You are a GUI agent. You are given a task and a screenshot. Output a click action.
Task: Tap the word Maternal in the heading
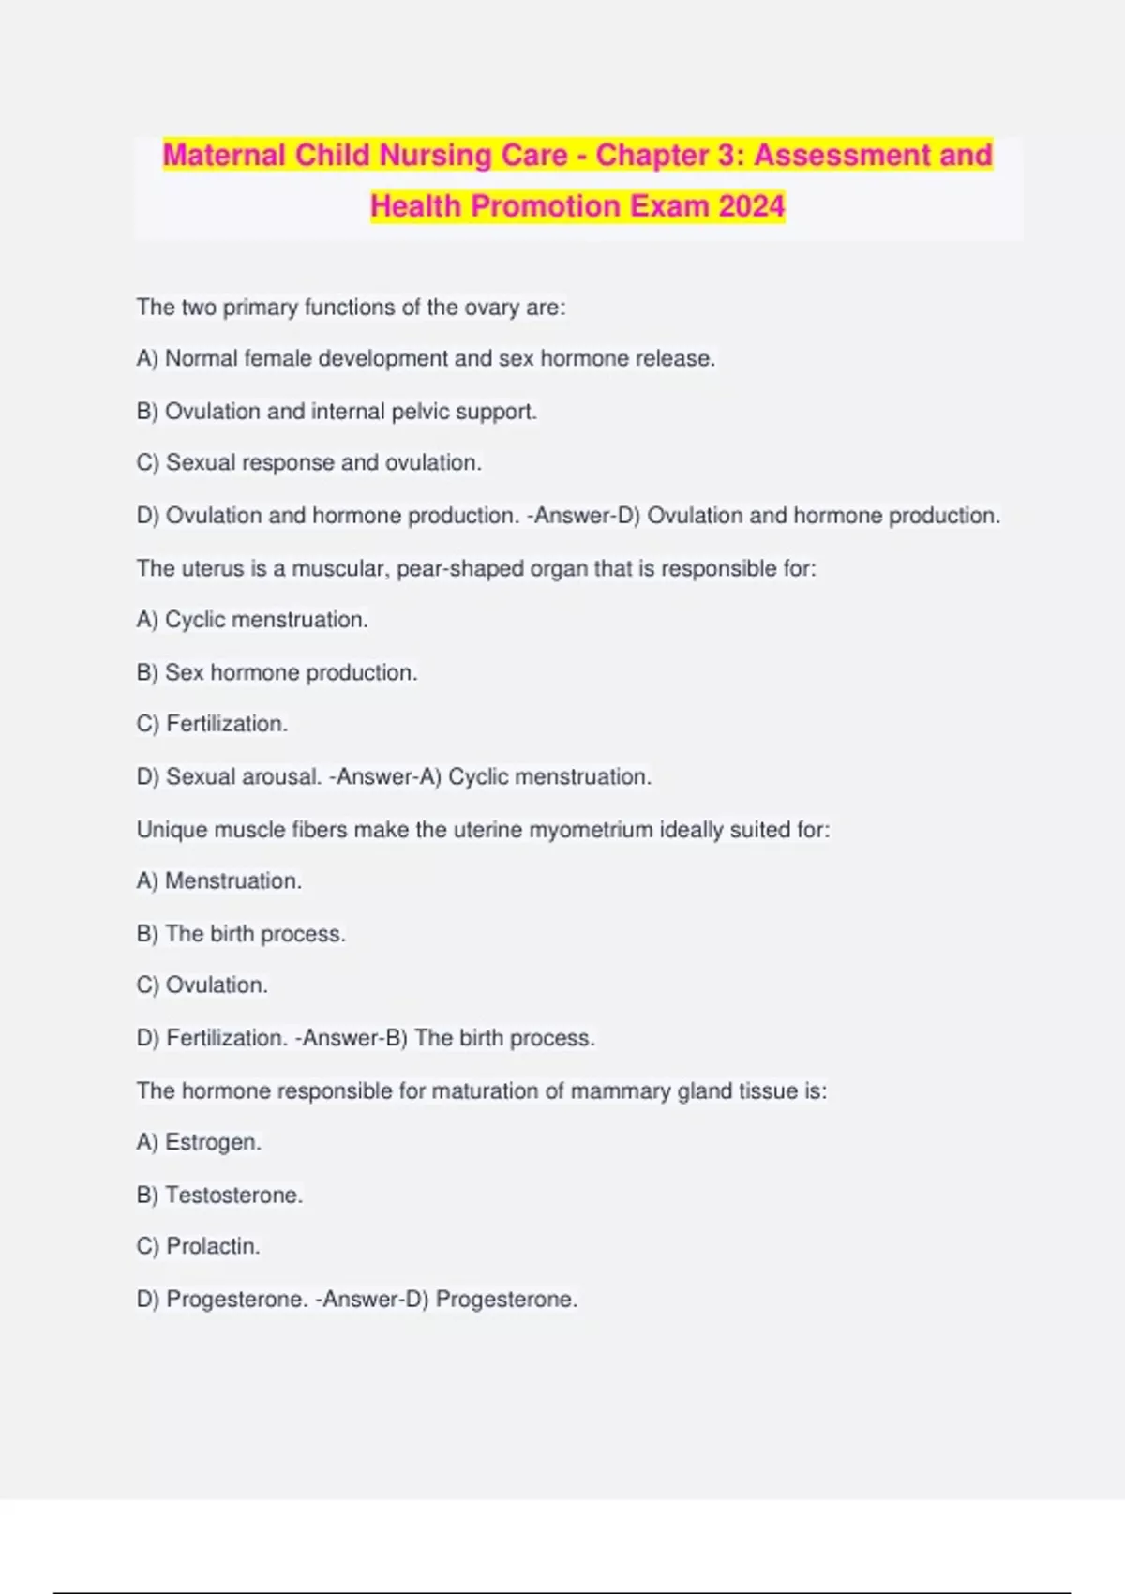[224, 155]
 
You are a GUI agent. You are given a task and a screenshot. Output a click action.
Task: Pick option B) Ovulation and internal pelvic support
[337, 412]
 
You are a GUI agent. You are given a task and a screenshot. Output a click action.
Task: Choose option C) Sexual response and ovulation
[308, 463]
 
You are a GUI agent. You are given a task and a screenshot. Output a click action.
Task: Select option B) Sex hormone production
[277, 673]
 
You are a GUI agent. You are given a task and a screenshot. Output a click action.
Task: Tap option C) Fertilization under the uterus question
[212, 724]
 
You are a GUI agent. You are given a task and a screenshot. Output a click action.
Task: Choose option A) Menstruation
[218, 881]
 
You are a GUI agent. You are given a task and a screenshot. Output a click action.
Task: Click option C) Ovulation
[202, 985]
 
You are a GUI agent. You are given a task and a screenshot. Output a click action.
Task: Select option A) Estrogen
[199, 1143]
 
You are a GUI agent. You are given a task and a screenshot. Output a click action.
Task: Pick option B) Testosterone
[219, 1195]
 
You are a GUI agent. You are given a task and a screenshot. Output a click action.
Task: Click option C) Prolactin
[198, 1247]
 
